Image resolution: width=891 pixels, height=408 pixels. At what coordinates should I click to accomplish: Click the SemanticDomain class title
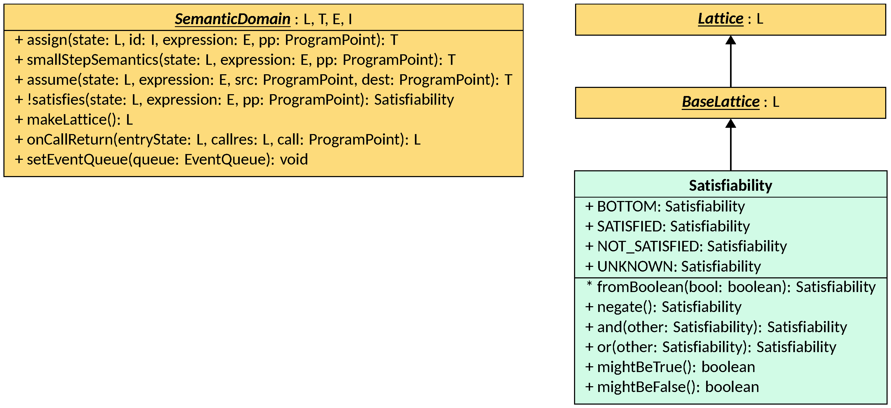point(232,19)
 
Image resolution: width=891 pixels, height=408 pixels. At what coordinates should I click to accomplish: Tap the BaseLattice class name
point(721,102)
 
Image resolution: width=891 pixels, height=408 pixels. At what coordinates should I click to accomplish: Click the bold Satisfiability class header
point(730,186)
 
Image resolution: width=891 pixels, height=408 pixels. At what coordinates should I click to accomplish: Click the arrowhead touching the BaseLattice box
point(731,123)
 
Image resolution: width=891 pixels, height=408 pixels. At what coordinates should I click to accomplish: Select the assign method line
point(206,40)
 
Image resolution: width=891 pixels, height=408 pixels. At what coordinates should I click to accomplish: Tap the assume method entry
point(263,80)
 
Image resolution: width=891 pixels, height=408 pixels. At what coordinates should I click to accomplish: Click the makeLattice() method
point(73,120)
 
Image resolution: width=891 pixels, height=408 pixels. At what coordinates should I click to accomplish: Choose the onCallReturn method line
point(217,140)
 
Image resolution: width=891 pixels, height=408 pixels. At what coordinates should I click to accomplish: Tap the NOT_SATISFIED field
point(686,246)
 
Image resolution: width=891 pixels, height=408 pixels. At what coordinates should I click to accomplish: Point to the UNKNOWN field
point(673,266)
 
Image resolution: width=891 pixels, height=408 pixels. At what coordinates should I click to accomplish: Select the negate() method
point(663,307)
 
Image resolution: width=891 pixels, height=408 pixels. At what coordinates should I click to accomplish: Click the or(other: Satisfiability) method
point(710,347)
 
